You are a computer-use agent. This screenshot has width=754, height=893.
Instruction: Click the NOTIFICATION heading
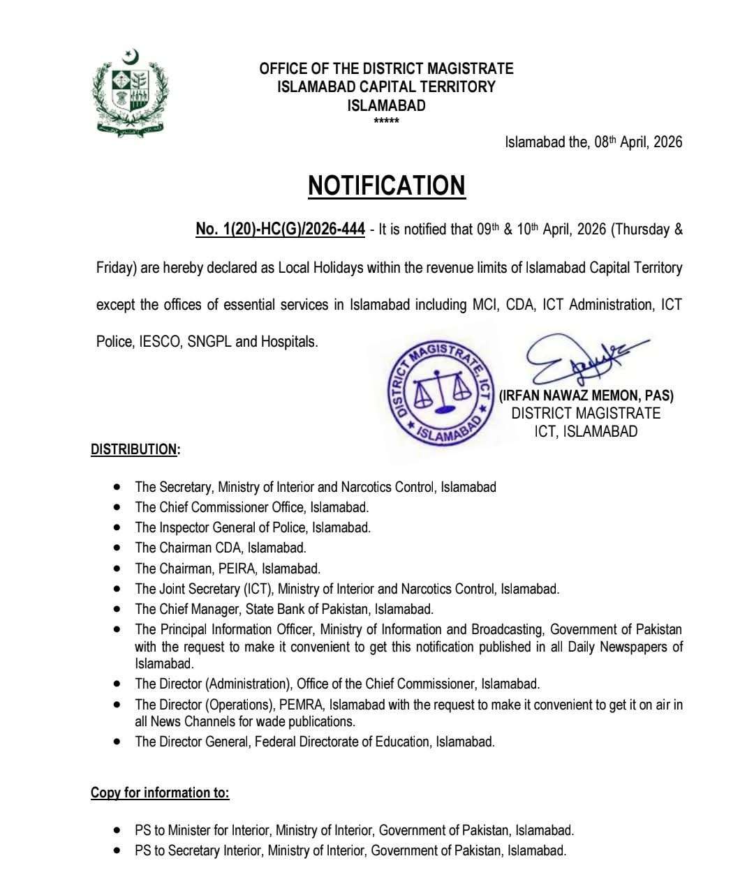386,186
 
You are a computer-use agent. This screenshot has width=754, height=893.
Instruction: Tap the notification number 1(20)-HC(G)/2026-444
280,230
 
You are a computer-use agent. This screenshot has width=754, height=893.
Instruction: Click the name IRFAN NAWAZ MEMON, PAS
586,396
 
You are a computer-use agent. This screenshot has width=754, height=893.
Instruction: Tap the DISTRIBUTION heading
135,449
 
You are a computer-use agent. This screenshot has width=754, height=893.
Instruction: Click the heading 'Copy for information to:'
160,793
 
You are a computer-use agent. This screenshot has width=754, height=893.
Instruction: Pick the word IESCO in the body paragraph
158,343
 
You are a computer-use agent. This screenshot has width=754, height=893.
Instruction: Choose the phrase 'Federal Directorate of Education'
342,742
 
